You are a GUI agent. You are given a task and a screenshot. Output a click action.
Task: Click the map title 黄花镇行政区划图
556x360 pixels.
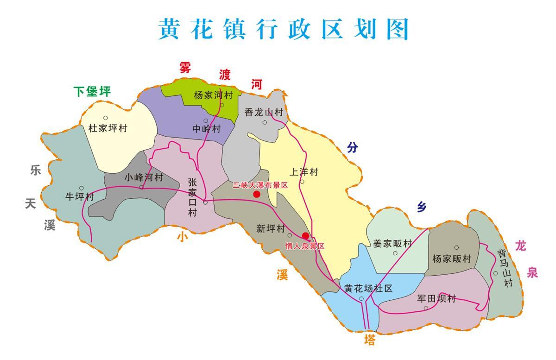(283, 29)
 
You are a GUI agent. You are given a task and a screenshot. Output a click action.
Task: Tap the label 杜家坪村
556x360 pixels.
(107, 128)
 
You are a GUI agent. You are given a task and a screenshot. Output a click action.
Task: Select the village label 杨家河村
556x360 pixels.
(213, 95)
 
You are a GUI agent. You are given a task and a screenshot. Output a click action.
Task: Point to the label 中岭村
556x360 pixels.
(207, 129)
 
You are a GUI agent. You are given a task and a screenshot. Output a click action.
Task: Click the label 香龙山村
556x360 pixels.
(263, 112)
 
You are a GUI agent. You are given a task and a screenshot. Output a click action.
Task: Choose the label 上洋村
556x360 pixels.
(304, 172)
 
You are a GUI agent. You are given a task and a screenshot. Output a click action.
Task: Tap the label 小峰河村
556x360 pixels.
(144, 177)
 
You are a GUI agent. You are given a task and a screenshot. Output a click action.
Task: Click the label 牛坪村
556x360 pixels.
(80, 197)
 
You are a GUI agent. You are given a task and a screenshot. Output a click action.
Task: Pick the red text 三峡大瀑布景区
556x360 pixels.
(260, 185)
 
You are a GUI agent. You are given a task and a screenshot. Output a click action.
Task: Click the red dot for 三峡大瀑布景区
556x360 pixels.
(257, 194)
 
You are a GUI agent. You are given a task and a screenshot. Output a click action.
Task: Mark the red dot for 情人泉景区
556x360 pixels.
(305, 236)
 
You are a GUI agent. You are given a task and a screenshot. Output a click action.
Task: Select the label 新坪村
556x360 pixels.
(271, 228)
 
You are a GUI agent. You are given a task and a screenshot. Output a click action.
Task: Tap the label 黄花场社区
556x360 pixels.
(368, 289)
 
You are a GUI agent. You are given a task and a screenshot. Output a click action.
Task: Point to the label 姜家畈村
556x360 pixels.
(392, 244)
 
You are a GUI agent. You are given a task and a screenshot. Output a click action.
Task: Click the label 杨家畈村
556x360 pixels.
(452, 259)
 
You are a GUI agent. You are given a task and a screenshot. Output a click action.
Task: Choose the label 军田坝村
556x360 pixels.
(436, 299)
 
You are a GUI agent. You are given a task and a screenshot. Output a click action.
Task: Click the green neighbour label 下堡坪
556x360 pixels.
(93, 92)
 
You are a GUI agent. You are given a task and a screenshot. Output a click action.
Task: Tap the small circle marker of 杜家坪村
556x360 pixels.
(106, 118)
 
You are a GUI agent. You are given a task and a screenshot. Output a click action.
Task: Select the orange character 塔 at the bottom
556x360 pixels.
(369, 341)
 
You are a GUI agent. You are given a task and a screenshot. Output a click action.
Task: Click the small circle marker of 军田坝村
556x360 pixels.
(426, 308)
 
